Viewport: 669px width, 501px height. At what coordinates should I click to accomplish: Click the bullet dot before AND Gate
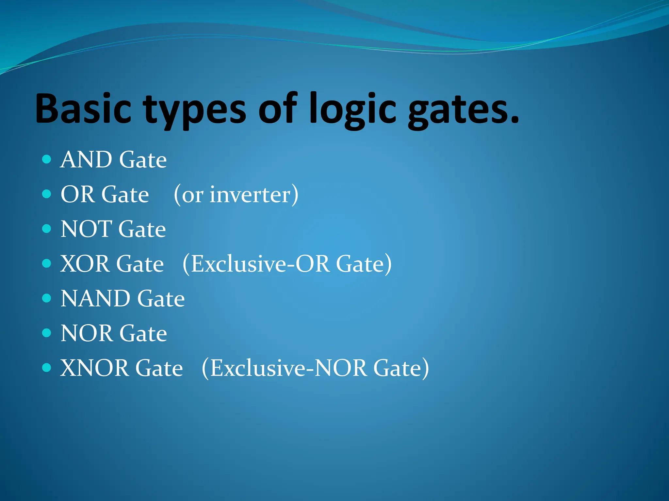(47, 159)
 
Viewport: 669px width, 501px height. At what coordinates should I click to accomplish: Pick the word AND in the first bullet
(86, 160)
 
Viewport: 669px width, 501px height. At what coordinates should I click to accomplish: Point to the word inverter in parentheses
(250, 195)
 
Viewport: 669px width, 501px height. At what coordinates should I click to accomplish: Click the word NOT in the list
(86, 229)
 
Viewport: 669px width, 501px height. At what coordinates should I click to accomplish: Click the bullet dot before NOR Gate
(47, 333)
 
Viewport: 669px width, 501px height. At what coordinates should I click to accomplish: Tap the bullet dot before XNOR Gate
(47, 368)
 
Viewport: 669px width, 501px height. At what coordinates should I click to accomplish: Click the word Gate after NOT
(142, 229)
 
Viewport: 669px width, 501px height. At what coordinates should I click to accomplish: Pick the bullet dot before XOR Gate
(47, 264)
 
